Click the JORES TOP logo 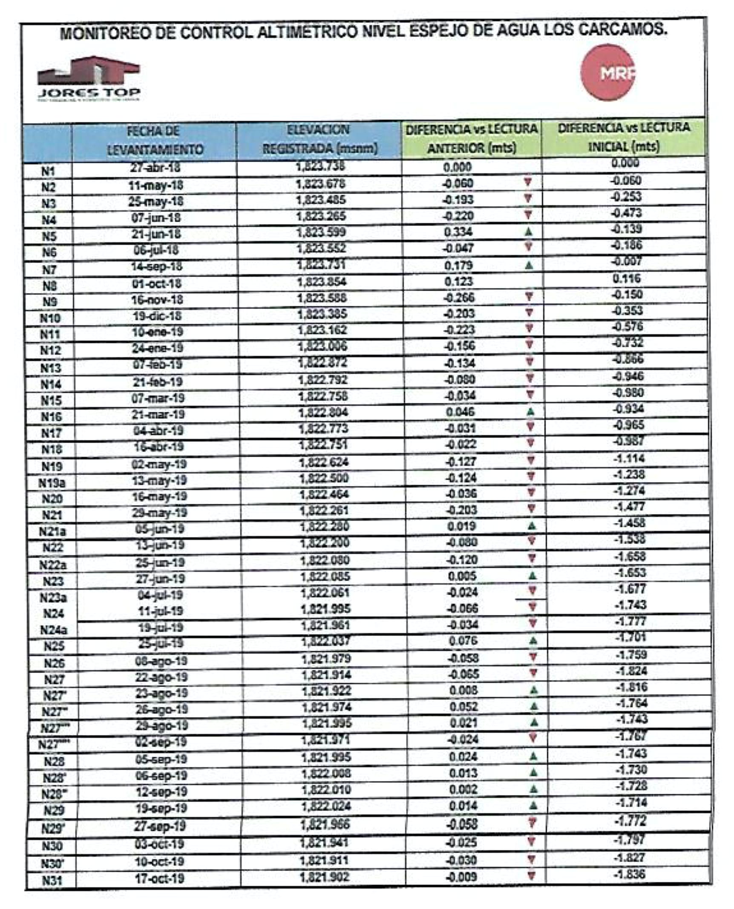(x=89, y=79)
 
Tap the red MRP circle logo (x=608, y=72)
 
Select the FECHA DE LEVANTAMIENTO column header (x=154, y=141)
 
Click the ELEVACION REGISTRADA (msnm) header (x=319, y=139)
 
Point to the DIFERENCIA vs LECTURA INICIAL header (x=624, y=137)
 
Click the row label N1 (x=48, y=171)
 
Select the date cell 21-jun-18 (x=156, y=234)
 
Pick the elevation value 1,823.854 (x=322, y=282)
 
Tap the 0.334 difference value (x=458, y=232)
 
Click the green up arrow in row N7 (x=529, y=265)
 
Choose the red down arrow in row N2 (x=528, y=182)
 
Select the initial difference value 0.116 (x=626, y=278)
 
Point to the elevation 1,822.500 (x=324, y=478)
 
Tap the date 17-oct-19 (x=159, y=878)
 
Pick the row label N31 (x=52, y=880)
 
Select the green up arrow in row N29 (x=533, y=806)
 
